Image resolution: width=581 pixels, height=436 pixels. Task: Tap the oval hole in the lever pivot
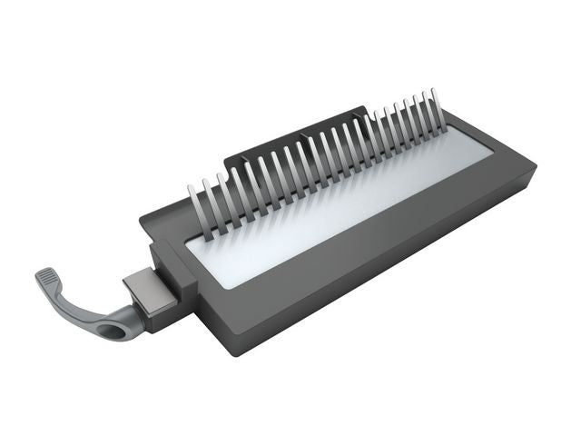[119, 330]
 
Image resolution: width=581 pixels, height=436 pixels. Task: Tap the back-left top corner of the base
[143, 219]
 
